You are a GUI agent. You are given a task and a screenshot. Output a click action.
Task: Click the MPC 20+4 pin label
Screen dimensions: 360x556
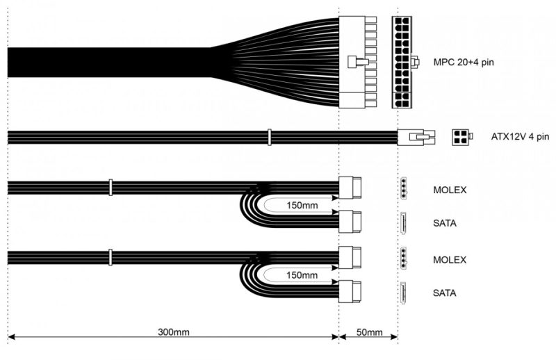coord(464,61)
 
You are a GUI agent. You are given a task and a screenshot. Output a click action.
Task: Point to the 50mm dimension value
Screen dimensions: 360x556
coord(368,333)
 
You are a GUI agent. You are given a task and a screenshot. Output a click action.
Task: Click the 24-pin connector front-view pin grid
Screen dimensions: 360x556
coord(402,62)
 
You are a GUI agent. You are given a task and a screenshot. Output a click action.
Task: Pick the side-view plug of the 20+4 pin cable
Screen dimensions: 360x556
coord(358,61)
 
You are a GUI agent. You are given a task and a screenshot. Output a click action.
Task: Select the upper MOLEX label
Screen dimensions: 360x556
coord(449,189)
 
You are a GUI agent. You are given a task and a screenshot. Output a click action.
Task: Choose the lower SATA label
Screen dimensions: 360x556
coord(445,293)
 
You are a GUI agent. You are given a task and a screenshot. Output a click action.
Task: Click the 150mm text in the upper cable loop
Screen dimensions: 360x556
coord(302,205)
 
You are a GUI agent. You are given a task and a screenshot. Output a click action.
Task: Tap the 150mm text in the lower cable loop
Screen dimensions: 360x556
coord(302,275)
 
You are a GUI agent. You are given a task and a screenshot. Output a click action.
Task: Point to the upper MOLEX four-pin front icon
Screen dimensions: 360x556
coord(402,188)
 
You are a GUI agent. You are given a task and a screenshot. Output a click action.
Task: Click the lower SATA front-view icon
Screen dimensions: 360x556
coord(402,293)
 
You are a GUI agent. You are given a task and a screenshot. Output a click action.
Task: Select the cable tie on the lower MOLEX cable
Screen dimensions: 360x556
coord(110,258)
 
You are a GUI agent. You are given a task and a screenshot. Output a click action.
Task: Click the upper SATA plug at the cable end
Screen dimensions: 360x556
coord(349,222)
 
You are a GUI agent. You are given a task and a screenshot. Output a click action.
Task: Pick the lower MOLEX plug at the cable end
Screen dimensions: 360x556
coord(349,258)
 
